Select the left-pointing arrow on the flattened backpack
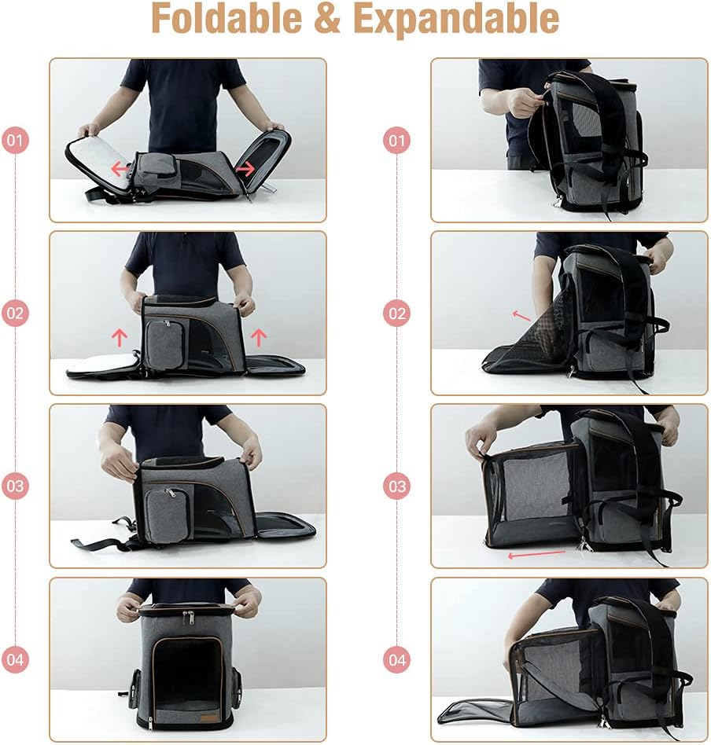coord(120,168)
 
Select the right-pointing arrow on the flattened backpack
coord(245,168)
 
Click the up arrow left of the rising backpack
coord(120,338)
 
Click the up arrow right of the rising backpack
coord(259,338)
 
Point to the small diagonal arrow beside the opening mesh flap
coord(521,316)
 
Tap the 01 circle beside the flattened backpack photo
coord(16,141)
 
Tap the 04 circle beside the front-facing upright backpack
coord(16,659)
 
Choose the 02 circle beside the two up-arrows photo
coord(16,314)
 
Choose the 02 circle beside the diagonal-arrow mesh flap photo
coord(397,314)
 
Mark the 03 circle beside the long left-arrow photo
coord(397,486)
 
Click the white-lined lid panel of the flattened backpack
coord(98,160)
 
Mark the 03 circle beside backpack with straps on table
coord(16,486)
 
